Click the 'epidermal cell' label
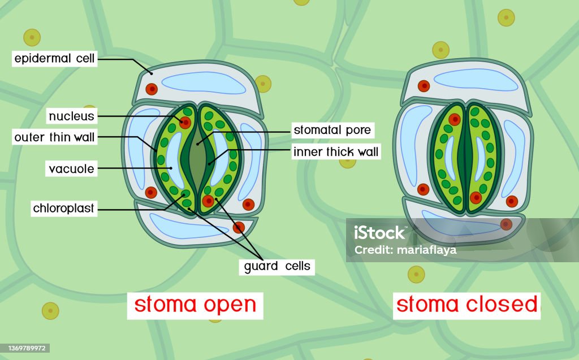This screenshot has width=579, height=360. click(x=54, y=59)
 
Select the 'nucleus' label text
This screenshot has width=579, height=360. click(x=72, y=116)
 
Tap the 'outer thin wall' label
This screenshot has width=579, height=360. click(x=54, y=137)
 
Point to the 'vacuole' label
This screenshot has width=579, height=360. click(x=71, y=168)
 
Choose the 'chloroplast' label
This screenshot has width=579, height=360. click(x=64, y=209)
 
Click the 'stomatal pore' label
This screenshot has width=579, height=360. click(x=332, y=131)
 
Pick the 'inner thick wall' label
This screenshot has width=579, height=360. click(x=336, y=152)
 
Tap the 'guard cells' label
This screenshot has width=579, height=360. click(x=277, y=266)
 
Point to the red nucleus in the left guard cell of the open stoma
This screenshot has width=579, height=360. click(x=185, y=123)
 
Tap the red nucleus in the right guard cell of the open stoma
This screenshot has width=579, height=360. click(x=209, y=201)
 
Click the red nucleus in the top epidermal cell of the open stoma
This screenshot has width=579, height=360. click(x=152, y=89)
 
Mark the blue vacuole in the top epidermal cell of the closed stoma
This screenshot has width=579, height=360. click(x=476, y=80)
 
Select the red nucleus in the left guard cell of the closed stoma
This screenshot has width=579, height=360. click(x=454, y=119)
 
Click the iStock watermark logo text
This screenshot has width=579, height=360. click(x=379, y=232)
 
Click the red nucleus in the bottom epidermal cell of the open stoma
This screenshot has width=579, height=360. click(x=239, y=228)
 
